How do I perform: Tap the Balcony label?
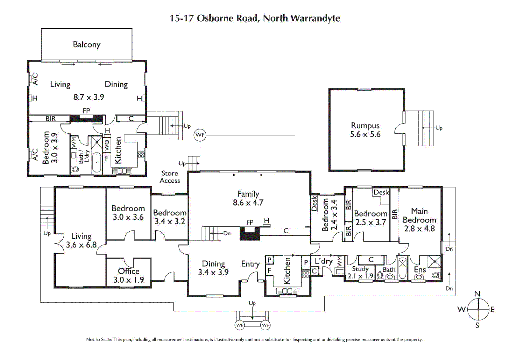pyautogui.click(x=86, y=45)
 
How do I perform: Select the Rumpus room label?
pyautogui.click(x=365, y=126)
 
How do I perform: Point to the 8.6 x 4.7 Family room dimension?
pyautogui.click(x=248, y=203)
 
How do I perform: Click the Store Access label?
pyautogui.click(x=170, y=177)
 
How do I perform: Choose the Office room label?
pyautogui.click(x=129, y=271)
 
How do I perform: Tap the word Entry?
pyautogui.click(x=250, y=264)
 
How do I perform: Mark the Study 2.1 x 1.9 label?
pyautogui.click(x=360, y=272)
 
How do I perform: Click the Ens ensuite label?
pyautogui.click(x=420, y=269)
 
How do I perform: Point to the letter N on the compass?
pyautogui.click(x=477, y=294)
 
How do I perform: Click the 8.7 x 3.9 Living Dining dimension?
pyautogui.click(x=89, y=97)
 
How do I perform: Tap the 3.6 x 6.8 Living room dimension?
pyautogui.click(x=81, y=245)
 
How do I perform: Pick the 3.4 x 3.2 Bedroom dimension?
pyautogui.click(x=170, y=221)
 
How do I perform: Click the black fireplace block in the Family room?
pyautogui.click(x=250, y=234)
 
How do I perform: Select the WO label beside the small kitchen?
pyautogui.click(x=107, y=145)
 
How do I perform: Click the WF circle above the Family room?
pyautogui.click(x=200, y=135)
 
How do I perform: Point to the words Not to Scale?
pyautogui.click(x=99, y=340)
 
